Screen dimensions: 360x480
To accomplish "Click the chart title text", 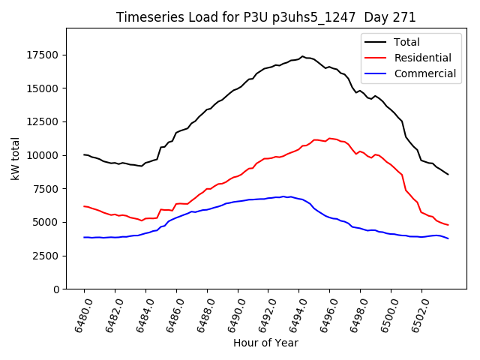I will point(265,17).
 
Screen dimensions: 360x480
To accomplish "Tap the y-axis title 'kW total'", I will point(16,158).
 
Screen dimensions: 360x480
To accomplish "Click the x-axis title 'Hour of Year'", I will point(265,343).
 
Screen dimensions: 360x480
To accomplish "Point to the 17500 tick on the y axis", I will point(43,55).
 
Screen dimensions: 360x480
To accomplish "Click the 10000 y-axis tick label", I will point(43,155).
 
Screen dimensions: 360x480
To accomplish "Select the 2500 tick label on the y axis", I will point(46,256).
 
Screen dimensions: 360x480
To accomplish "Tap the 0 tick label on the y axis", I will point(56,289).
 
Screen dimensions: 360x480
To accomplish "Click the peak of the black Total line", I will point(302,56).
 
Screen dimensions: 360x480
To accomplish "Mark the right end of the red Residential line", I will point(448,225).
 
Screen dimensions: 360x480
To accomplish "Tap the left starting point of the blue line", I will point(84,237).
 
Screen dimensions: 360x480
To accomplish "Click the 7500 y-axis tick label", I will point(46,189).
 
